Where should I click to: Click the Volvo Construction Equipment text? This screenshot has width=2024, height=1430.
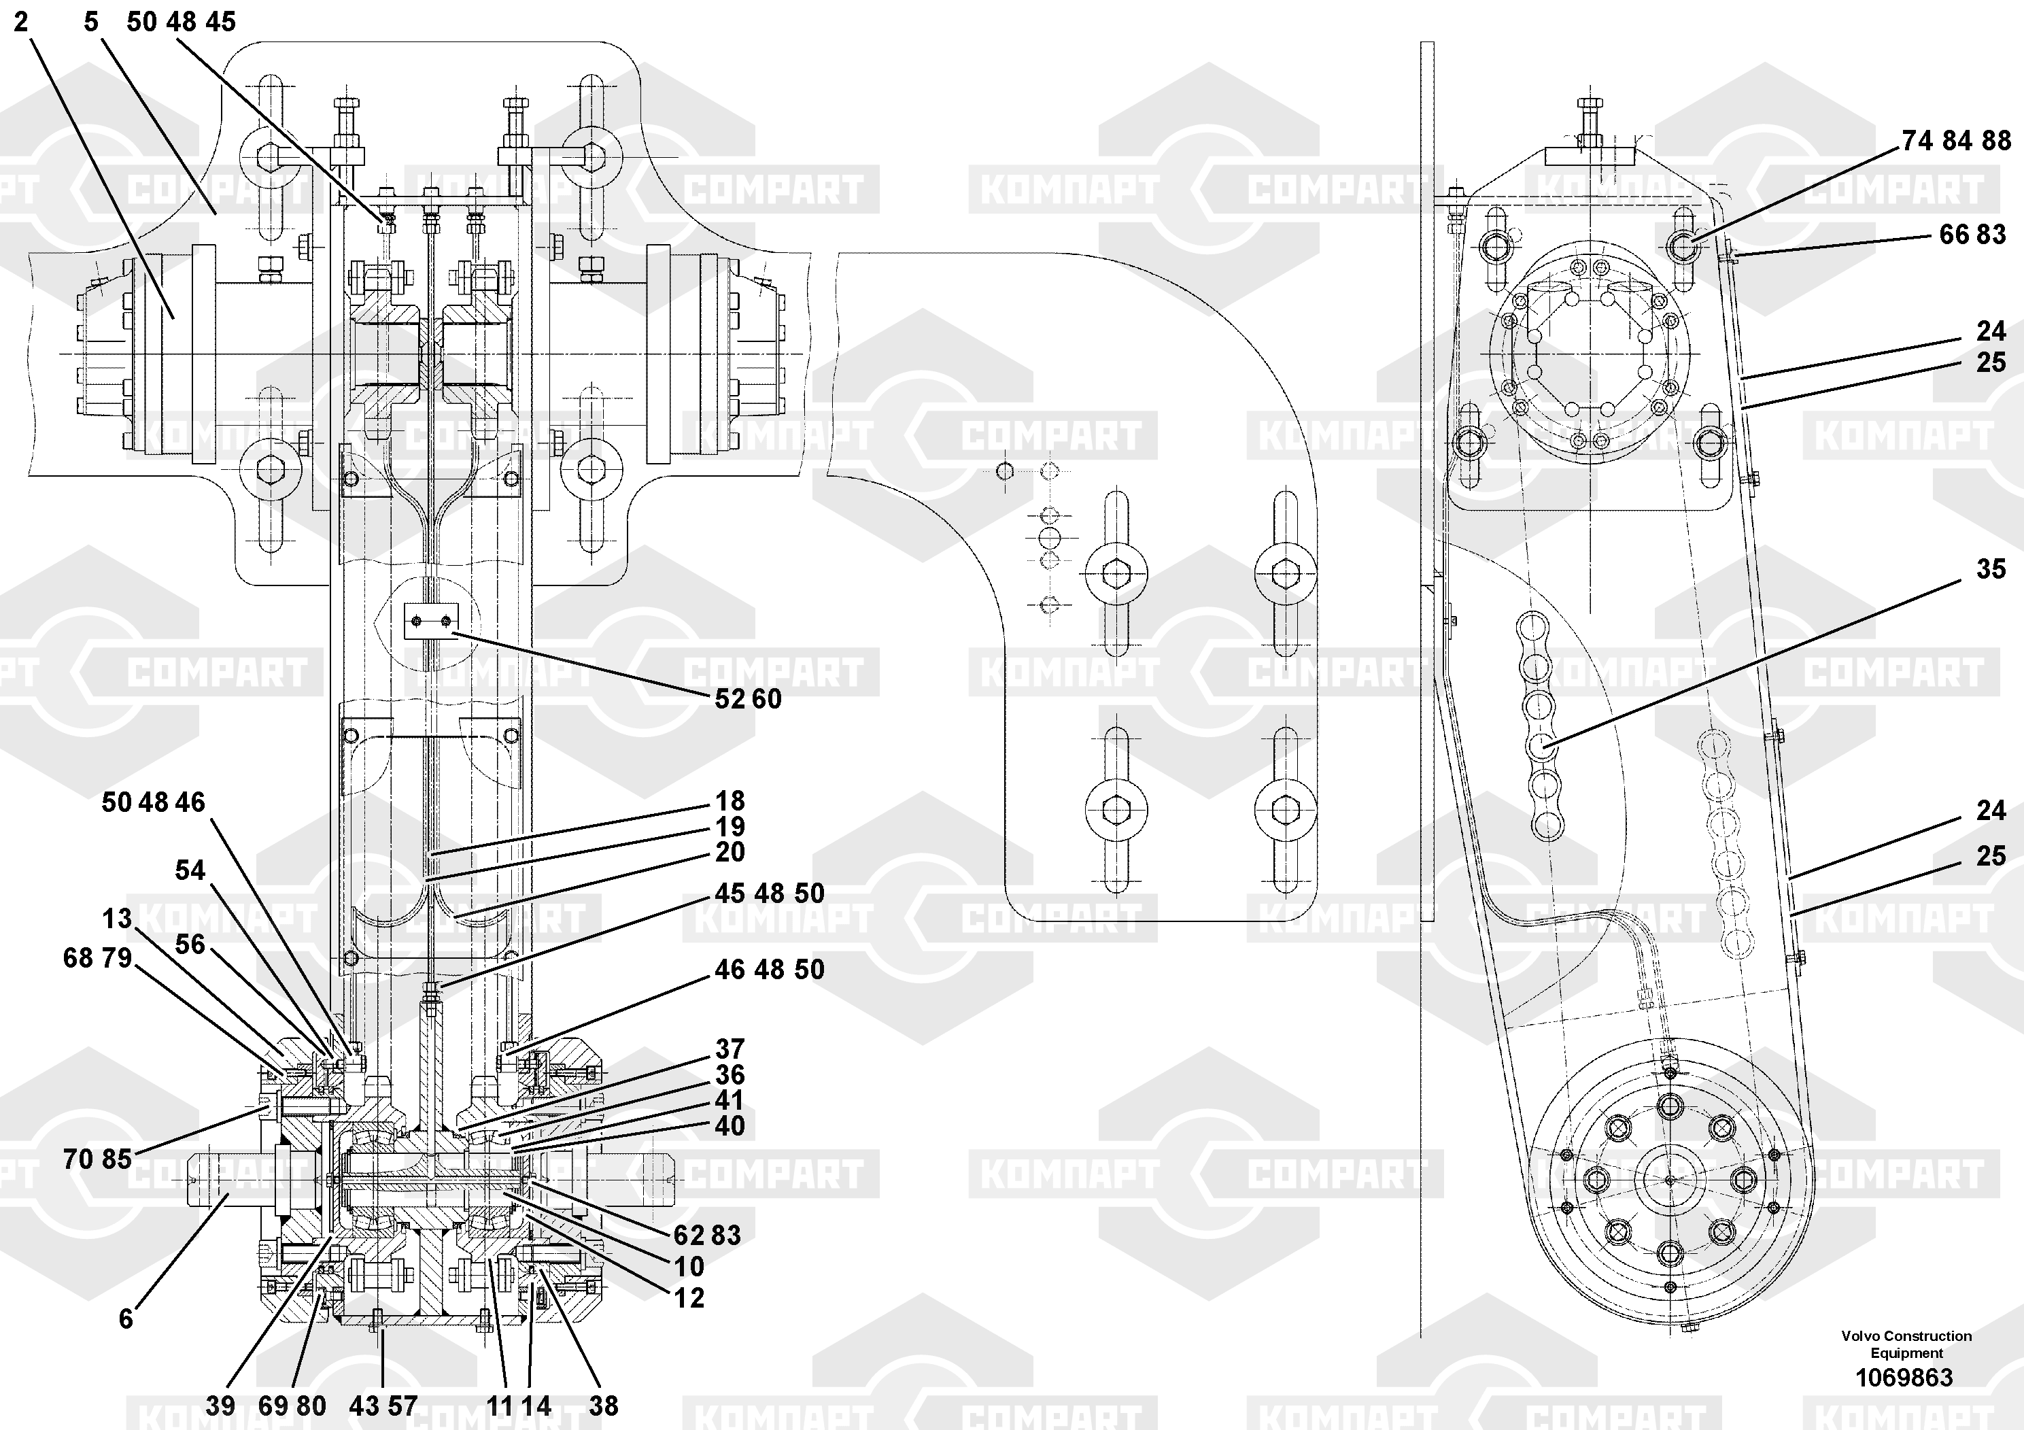coord(1906,1344)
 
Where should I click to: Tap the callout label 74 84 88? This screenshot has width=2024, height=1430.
coord(1956,141)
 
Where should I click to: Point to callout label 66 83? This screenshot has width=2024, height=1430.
coord(1972,235)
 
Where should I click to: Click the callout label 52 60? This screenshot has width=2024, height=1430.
coord(748,699)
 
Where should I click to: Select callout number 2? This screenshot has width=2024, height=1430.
coord(21,22)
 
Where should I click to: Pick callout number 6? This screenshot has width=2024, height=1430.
coord(126,1319)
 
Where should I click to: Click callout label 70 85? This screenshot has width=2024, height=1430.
coord(97,1159)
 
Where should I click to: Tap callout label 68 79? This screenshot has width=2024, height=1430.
coord(97,958)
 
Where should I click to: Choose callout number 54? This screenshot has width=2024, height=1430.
coord(190,871)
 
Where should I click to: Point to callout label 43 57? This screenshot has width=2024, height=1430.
coord(383,1406)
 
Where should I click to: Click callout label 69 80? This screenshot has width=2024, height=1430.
coord(292,1406)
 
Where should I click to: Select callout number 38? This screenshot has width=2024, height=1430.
coord(603,1406)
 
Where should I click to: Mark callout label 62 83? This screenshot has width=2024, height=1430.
coord(707,1235)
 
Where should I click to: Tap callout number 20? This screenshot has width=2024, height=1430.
coord(730,853)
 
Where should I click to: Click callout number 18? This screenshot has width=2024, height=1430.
coord(730,802)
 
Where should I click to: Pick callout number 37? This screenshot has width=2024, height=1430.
coord(730,1049)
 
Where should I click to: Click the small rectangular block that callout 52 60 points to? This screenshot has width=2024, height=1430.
coord(432,622)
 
